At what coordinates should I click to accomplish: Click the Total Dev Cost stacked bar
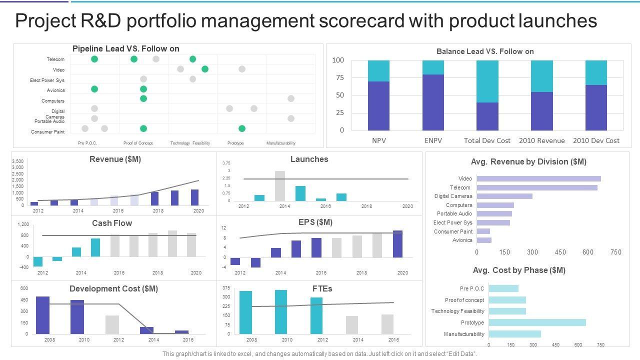click(x=487, y=95)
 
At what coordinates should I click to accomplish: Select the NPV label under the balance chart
click(x=379, y=140)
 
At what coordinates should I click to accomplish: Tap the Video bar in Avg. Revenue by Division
click(x=538, y=178)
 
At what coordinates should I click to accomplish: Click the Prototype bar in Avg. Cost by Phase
click(x=537, y=322)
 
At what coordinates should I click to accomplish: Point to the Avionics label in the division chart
click(x=462, y=240)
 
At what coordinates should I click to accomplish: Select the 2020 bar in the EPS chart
click(x=397, y=244)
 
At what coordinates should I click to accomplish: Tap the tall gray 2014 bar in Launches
click(x=280, y=186)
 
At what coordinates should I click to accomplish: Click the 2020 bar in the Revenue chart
click(x=195, y=197)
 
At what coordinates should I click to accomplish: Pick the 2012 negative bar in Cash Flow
click(x=38, y=261)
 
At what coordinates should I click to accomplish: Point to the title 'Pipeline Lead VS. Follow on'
click(x=126, y=48)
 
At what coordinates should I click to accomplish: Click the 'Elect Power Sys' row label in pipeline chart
click(x=47, y=80)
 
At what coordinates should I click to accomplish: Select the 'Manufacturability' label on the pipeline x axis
click(x=281, y=143)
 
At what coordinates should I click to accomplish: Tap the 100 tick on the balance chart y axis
click(x=338, y=60)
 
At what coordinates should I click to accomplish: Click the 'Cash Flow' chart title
click(x=112, y=223)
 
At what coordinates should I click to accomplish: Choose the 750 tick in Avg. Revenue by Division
click(x=616, y=252)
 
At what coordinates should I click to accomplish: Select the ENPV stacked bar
click(x=433, y=95)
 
